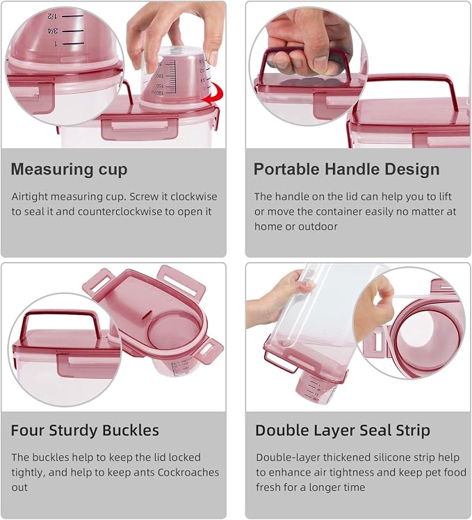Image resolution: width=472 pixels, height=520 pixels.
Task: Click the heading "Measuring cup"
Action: pyautogui.click(x=69, y=170)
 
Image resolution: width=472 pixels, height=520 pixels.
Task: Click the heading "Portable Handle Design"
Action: pyautogui.click(x=347, y=169)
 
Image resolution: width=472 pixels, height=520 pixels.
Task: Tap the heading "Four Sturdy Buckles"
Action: pyautogui.click(x=85, y=430)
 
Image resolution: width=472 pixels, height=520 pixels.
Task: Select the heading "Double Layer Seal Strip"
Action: pyautogui.click(x=343, y=430)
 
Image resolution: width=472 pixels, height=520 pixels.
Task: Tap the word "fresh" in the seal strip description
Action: pyautogui.click(x=269, y=487)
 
